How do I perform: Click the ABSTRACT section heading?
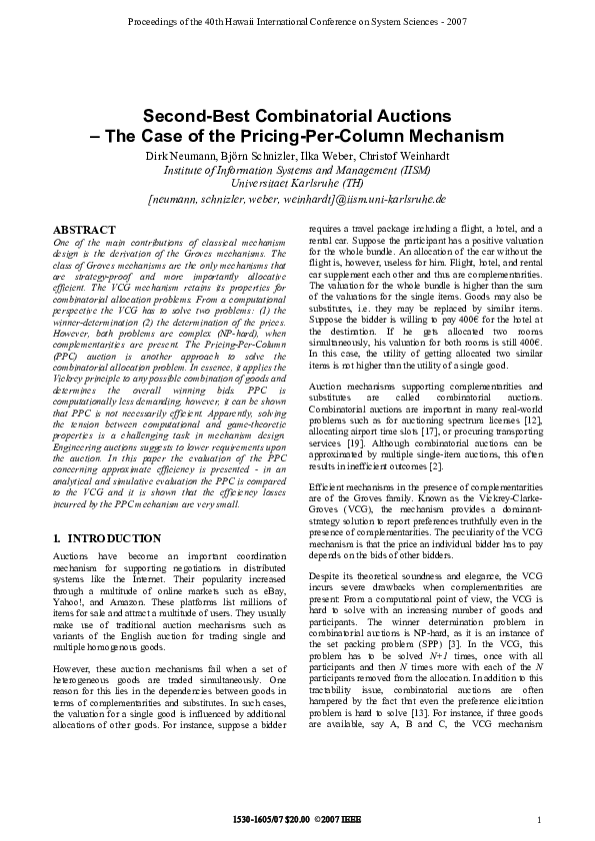point(83,229)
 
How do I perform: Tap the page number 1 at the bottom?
point(540,820)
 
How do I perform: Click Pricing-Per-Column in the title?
point(352,135)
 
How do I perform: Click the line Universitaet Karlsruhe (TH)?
point(296,184)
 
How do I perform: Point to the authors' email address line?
point(296,199)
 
